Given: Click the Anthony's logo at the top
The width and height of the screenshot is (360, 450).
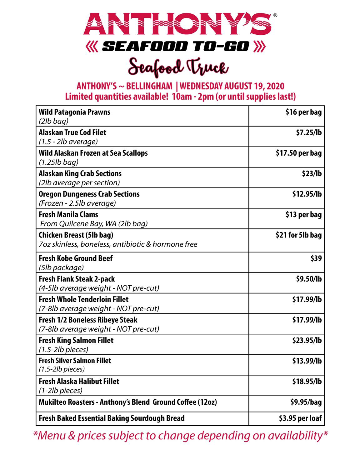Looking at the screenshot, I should click(x=177, y=24).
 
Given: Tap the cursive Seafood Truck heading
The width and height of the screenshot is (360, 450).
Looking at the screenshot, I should click(x=179, y=67).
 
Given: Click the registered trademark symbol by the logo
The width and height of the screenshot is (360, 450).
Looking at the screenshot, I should click(x=275, y=15).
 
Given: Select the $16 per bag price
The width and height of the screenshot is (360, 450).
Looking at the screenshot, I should click(x=303, y=112).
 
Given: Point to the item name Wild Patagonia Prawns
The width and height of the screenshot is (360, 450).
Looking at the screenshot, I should click(x=74, y=112).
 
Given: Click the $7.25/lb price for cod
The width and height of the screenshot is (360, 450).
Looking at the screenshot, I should click(x=309, y=133).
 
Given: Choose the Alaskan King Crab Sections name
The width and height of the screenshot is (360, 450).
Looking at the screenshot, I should click(x=80, y=174).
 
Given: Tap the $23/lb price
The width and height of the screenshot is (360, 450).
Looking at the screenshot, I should click(x=312, y=174).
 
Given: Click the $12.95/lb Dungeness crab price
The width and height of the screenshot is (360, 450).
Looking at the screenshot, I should click(x=307, y=194).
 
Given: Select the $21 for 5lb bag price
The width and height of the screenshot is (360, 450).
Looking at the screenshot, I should click(x=298, y=235).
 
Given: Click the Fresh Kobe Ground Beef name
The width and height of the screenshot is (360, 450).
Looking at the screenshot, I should click(x=76, y=258).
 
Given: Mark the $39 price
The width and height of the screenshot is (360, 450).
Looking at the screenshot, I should click(x=316, y=258).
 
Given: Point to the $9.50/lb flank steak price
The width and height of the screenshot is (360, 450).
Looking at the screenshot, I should click(x=309, y=279).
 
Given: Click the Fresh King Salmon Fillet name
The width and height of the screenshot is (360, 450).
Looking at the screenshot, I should click(x=76, y=340).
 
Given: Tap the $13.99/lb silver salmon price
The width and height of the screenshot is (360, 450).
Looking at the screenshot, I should click(x=307, y=361).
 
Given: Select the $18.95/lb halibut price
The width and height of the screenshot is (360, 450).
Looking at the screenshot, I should click(x=307, y=382).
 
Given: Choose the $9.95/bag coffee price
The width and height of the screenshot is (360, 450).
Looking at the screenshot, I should click(x=306, y=402).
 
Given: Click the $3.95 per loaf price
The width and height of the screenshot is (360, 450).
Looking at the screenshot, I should click(x=300, y=418).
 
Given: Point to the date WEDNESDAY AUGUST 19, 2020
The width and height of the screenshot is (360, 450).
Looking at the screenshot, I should click(x=232, y=86).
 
